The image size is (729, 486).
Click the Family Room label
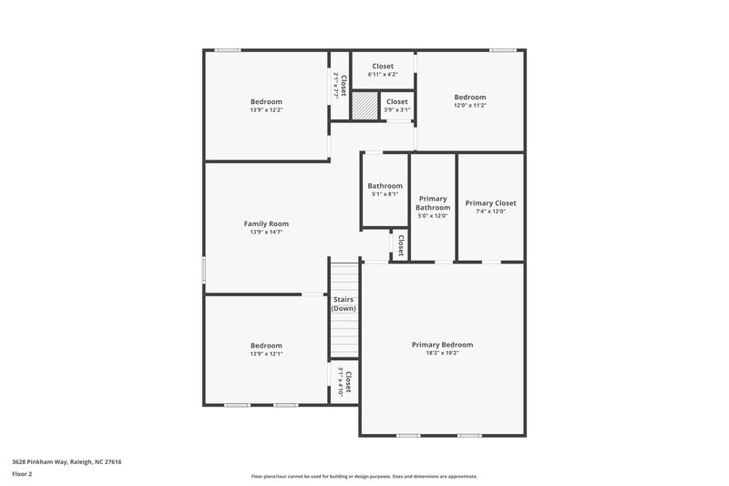pos(266,223)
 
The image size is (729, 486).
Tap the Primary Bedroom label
pos(442,345)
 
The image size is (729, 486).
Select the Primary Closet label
pos(491,203)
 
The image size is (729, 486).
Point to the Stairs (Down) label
pos(344,304)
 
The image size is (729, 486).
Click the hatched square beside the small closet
pos(364,106)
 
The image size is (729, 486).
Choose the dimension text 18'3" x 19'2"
pos(442,353)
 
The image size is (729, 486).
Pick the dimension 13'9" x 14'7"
pos(266,233)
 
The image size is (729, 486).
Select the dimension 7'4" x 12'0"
pos(491,212)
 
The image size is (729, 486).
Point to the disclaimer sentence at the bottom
pos(364,476)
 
